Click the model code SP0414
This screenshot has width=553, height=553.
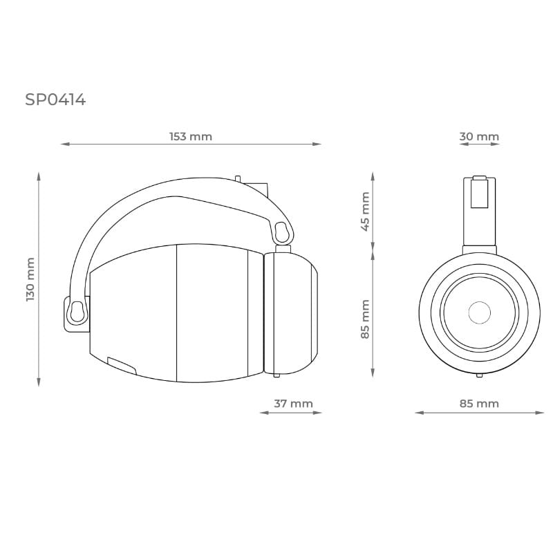pos(55,100)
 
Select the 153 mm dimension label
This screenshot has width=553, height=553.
pos(191,136)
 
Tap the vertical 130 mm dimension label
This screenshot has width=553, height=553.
pos(30,279)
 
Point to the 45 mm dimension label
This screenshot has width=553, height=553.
pos(365,211)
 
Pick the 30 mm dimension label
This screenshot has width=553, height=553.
pos(479,136)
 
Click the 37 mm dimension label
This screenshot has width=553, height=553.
pos(293,404)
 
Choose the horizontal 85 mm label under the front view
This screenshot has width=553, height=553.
pos(479,404)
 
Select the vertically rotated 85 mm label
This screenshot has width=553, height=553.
pos(365,319)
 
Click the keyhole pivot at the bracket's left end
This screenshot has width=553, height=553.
pos(77,312)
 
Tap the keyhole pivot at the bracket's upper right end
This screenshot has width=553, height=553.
pos(282,232)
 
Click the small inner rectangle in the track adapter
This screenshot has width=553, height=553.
pos(479,193)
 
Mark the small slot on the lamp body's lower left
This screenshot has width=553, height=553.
pos(122,364)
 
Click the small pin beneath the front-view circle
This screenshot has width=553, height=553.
pos(479,375)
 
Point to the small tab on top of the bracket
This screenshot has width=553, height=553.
pos(238,178)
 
